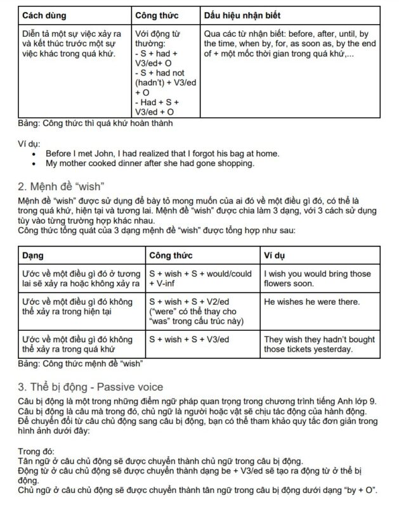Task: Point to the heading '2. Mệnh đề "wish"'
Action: click(x=60, y=185)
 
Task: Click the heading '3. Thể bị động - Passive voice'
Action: click(x=90, y=387)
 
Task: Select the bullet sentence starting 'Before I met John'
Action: click(x=162, y=153)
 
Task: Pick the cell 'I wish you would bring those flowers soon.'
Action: click(x=317, y=279)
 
